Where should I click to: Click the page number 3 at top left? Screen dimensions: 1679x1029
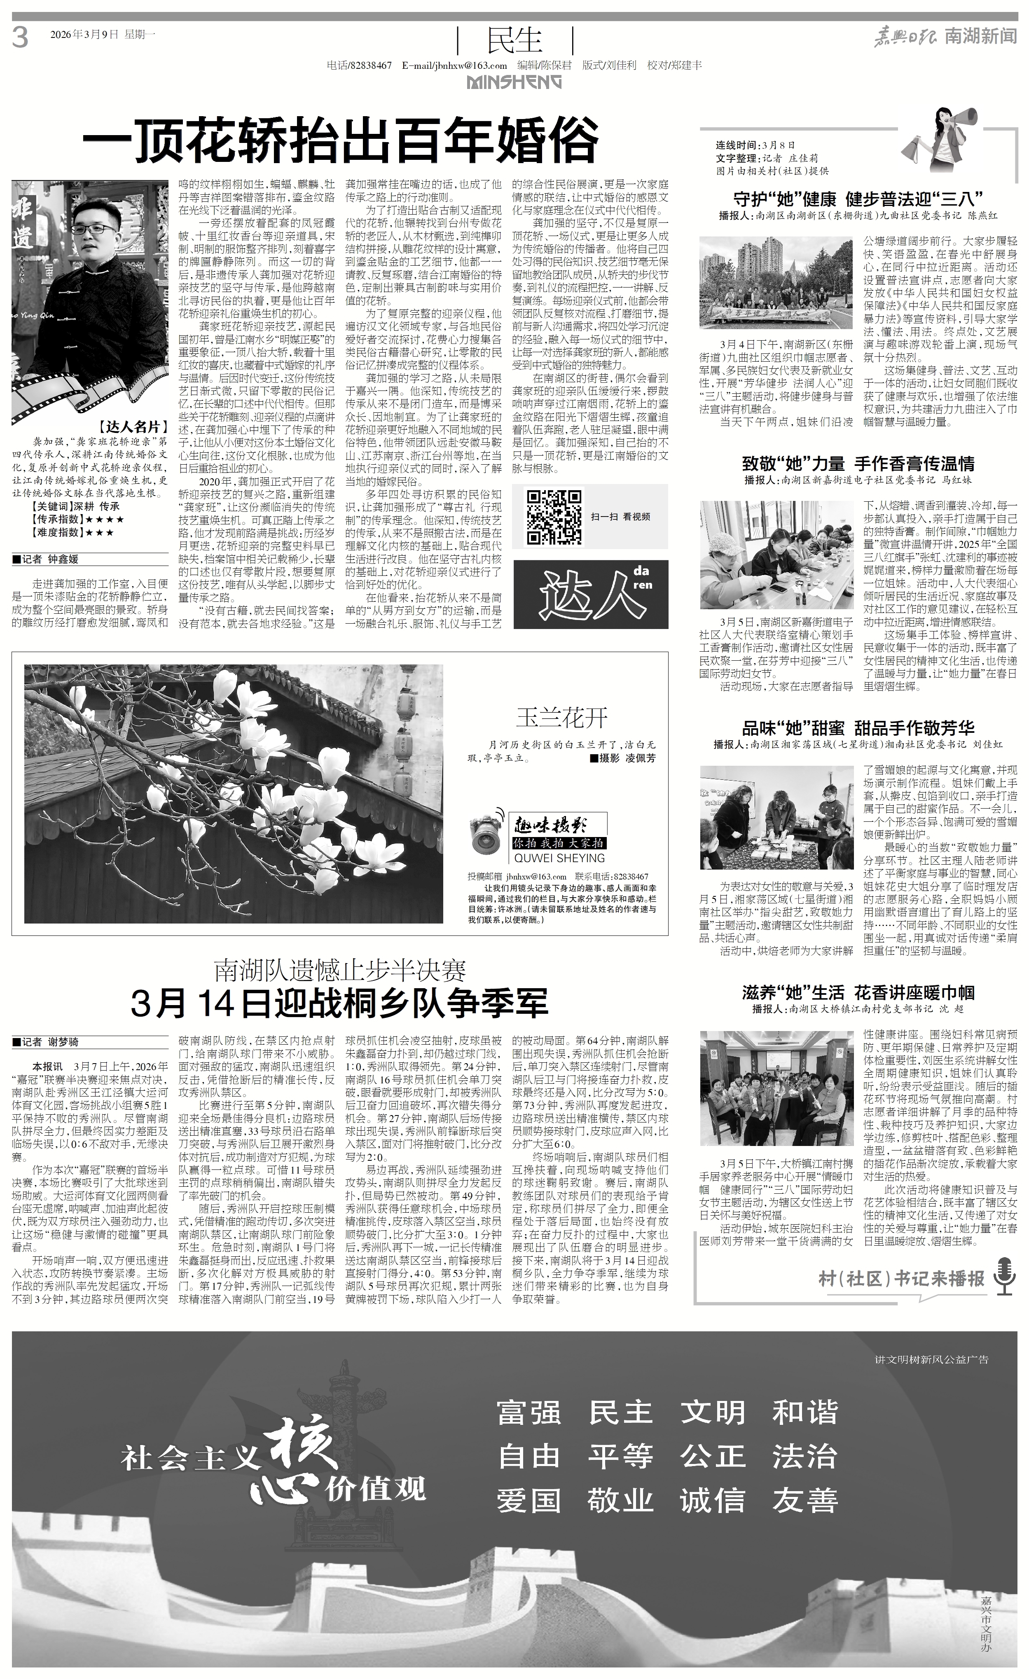pos(21,37)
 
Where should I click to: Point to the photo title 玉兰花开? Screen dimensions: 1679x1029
pos(561,717)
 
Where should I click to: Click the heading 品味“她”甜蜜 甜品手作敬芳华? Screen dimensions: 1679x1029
pos(858,728)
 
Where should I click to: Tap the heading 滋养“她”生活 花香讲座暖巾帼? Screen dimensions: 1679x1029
pos(858,992)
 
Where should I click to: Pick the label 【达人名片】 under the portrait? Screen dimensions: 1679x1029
pos(132,427)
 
